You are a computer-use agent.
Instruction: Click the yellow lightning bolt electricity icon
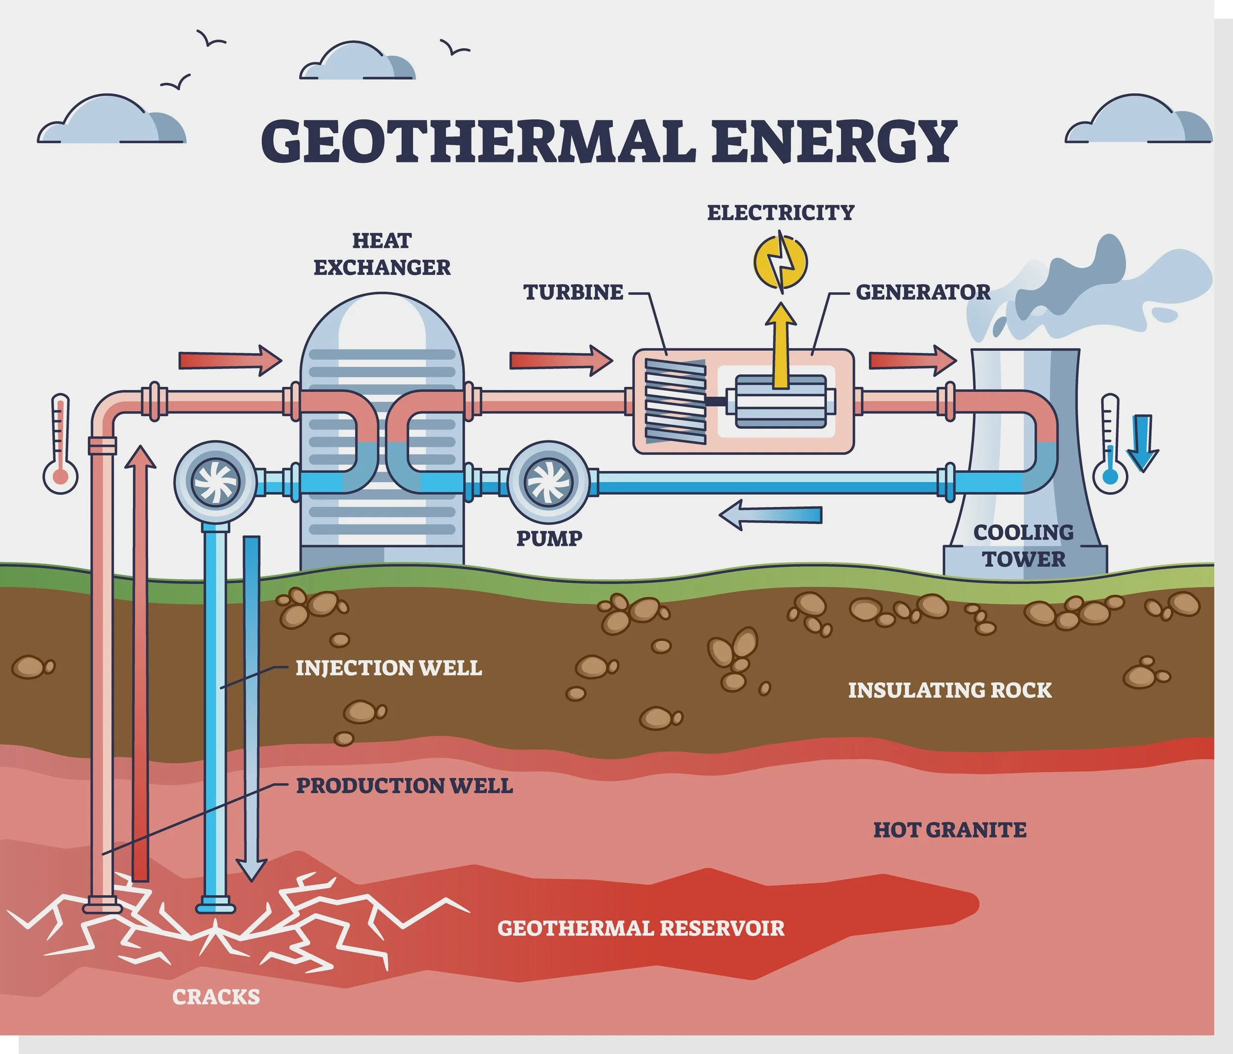point(780,262)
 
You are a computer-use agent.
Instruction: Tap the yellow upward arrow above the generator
point(780,345)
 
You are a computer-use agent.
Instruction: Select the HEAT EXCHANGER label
point(382,254)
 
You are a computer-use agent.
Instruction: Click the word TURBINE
point(574,292)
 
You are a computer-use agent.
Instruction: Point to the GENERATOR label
point(923,292)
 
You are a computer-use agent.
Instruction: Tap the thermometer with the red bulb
point(60,443)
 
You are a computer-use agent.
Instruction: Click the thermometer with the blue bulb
point(1110,443)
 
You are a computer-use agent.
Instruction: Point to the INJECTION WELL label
point(389,668)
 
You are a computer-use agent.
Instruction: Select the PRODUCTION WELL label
point(404,786)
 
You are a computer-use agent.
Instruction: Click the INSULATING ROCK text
point(950,691)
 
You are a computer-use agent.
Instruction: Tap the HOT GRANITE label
point(950,830)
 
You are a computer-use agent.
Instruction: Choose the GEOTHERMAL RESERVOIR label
point(641,928)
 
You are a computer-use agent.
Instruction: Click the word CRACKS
point(216,997)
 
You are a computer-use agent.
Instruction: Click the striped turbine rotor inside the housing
point(676,401)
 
